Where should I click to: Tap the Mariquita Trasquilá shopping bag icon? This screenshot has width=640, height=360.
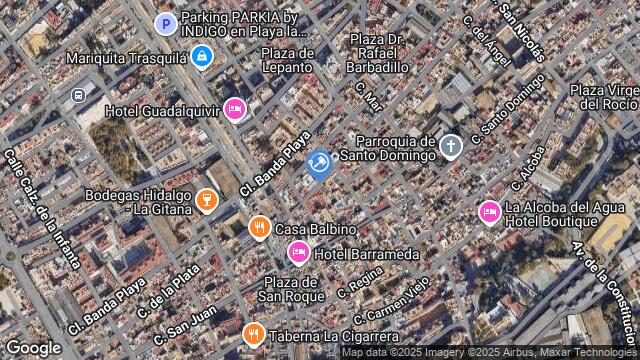pos(202,56)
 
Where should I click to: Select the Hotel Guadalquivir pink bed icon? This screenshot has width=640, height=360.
pos(235,108)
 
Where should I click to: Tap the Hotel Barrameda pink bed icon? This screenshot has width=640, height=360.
pos(298,252)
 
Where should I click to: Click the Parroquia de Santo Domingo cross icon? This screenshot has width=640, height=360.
pos(450,147)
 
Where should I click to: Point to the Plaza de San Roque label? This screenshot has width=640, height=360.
pos(290,290)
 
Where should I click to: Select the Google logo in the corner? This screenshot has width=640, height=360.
pos(33,347)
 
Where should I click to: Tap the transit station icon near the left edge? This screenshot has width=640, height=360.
pos(78,96)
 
